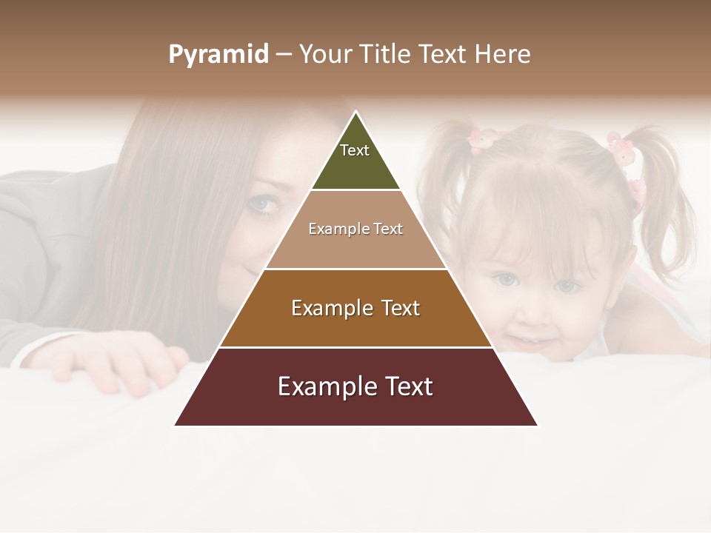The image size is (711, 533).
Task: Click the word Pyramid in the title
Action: (x=218, y=55)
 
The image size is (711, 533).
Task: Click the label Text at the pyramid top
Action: (x=354, y=150)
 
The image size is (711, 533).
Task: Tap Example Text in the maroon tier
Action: (x=355, y=386)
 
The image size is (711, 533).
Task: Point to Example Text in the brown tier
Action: (x=355, y=308)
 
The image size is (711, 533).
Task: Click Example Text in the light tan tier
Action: (x=355, y=229)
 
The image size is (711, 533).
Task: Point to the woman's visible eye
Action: (x=262, y=205)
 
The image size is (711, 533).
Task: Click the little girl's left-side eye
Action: (x=505, y=280)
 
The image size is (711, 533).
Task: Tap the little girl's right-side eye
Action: (x=567, y=285)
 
